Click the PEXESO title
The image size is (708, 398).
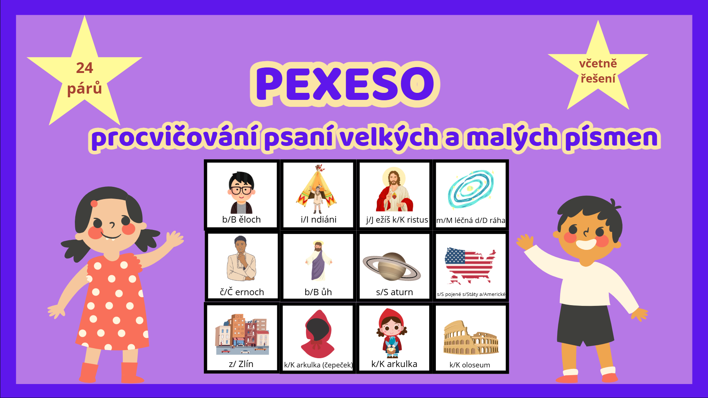(x=345, y=84)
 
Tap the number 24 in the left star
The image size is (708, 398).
(x=84, y=68)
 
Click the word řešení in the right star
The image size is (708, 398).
(x=598, y=78)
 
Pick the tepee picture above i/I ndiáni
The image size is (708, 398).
(x=316, y=189)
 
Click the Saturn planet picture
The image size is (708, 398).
(x=392, y=266)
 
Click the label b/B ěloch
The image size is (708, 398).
(x=242, y=220)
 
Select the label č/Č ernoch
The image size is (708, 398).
(x=242, y=292)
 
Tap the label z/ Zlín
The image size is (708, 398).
(x=241, y=364)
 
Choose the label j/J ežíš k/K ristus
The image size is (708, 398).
(x=397, y=220)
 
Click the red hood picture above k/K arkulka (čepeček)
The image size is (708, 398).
(x=318, y=334)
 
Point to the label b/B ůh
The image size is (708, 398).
(x=318, y=292)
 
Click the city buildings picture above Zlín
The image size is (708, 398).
(x=242, y=334)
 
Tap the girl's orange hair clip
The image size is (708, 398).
(x=94, y=203)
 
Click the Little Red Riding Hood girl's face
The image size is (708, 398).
(x=392, y=328)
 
